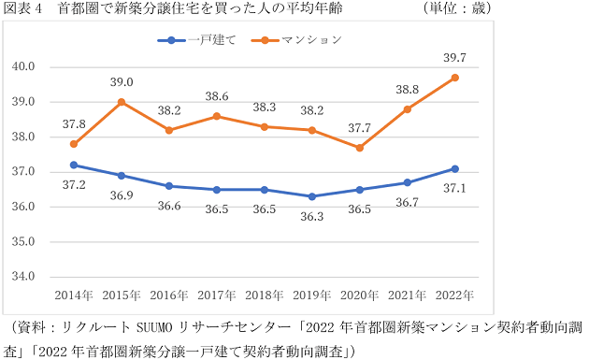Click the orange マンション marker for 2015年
coord(122,102)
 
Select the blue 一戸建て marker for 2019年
coord(312,196)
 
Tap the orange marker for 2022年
coord(455,78)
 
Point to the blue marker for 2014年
coord(74,165)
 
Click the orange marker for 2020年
coord(360,148)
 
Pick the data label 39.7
coord(455,58)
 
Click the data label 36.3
coord(312,216)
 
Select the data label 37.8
coord(74,123)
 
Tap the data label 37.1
coord(455,188)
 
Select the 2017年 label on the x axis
coord(216,295)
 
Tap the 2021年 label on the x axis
coord(408,295)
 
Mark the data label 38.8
coord(408,89)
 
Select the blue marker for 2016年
coord(169,186)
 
